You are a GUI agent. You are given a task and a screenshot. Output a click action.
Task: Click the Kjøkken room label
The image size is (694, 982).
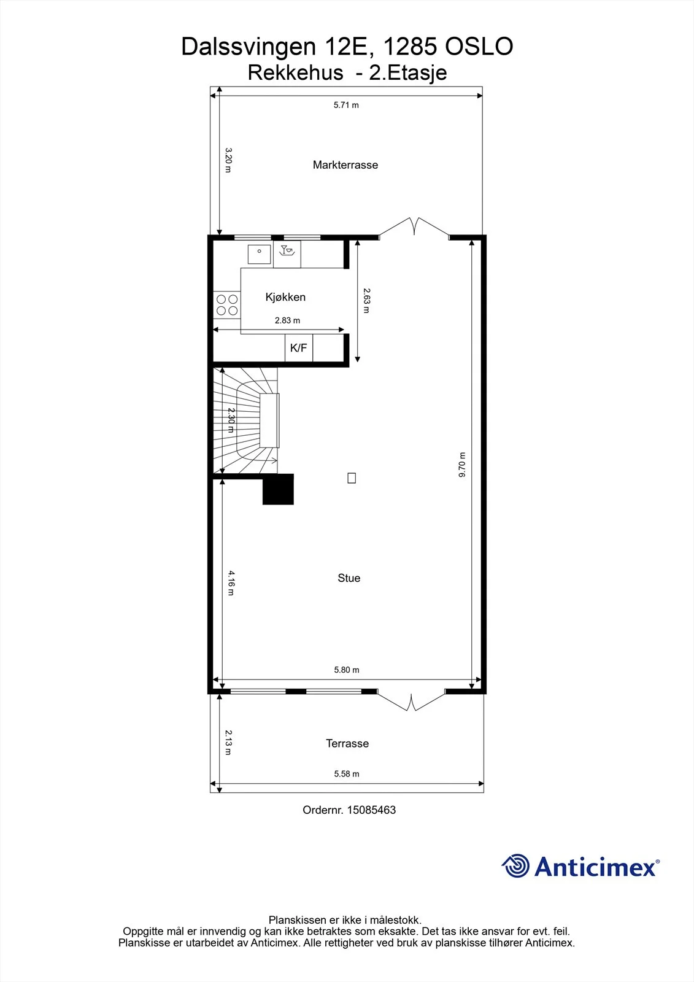coord(285,297)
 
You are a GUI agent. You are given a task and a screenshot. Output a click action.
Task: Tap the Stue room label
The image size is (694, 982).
coord(349,578)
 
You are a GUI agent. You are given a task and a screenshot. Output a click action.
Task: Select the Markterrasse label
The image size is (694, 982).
coord(345,165)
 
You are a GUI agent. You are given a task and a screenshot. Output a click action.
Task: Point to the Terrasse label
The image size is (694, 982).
coord(347,743)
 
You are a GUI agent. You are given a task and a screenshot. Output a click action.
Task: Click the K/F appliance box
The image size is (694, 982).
coord(299,347)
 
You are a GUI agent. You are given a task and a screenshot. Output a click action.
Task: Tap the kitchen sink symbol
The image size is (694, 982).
coord(259,254)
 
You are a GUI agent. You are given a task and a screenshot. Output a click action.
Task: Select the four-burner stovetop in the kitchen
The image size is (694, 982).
coord(227,304)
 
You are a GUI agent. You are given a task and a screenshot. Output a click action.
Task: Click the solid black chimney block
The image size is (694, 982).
coord(278,489)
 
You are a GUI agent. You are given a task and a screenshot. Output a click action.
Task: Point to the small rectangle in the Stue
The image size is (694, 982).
coord(352,478)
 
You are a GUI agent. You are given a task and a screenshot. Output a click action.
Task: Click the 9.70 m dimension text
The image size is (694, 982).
coord(462,465)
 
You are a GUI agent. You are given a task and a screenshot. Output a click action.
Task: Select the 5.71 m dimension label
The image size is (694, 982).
coord(346,105)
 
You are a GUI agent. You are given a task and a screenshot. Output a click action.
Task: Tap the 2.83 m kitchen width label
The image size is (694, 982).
coord(288,320)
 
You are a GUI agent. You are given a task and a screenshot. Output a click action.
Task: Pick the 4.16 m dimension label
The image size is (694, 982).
coord(231,582)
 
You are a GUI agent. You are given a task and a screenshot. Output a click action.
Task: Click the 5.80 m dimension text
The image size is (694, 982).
coord(347,670)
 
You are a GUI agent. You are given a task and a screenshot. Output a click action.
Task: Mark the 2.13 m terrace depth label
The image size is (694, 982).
coord(228,742)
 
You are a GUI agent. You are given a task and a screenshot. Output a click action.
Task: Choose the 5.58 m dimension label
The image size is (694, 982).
coord(347,774)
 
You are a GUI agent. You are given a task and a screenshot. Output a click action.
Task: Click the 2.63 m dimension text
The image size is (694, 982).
coord(366,300)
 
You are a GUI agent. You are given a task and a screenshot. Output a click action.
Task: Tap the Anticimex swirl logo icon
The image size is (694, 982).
coord(515,865)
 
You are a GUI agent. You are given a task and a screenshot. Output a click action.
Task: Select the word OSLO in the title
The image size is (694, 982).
coord(479,47)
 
